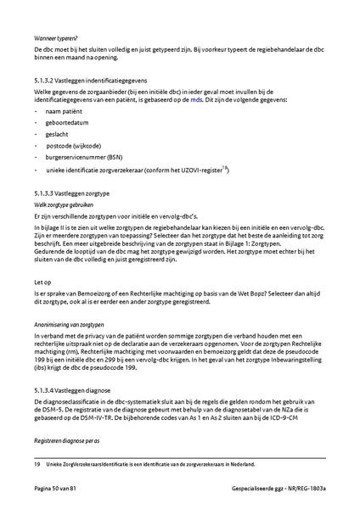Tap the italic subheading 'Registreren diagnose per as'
point(73,443)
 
